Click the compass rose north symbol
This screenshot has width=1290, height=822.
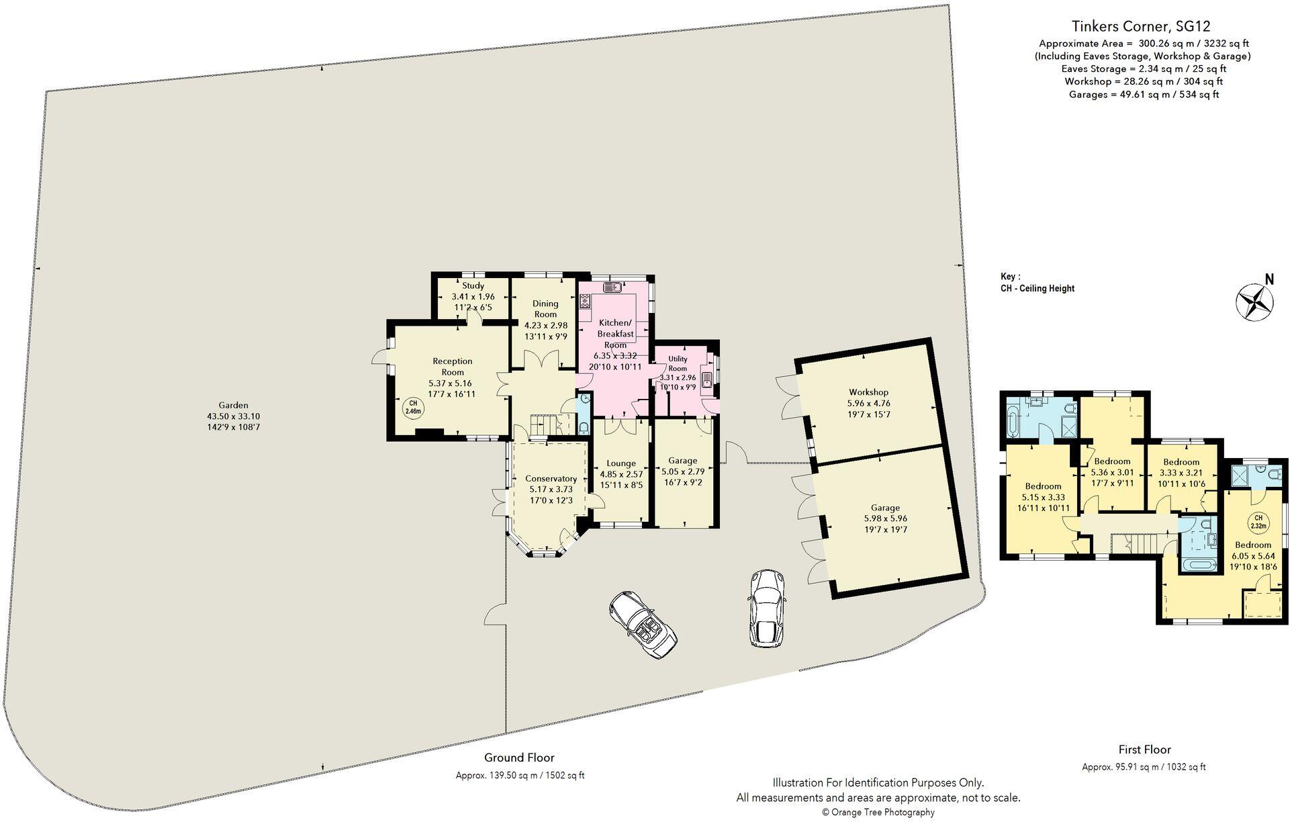[x=1254, y=300]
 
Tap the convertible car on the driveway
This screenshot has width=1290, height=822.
[x=643, y=625]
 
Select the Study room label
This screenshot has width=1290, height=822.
[x=473, y=286]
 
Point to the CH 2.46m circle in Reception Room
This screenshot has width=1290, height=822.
[x=413, y=408]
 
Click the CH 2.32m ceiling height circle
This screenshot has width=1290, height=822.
[x=1258, y=520]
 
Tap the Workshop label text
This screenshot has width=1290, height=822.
[x=868, y=392]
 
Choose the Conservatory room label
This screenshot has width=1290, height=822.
[x=551, y=479]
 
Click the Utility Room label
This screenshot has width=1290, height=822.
[x=678, y=364]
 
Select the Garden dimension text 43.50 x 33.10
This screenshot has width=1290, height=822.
[x=233, y=416]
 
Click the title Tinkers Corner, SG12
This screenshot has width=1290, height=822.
[x=1140, y=27]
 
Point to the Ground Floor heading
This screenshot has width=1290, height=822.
[x=519, y=758]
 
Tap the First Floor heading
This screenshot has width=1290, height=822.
[x=1144, y=749]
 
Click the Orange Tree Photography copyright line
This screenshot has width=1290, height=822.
[x=878, y=812]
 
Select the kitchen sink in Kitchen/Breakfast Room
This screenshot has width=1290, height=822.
[x=613, y=288]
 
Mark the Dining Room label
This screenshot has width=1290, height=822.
[x=545, y=309]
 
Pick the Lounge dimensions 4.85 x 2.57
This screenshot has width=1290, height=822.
[x=621, y=474]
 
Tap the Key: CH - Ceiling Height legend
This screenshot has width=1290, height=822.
[x=1037, y=283]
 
